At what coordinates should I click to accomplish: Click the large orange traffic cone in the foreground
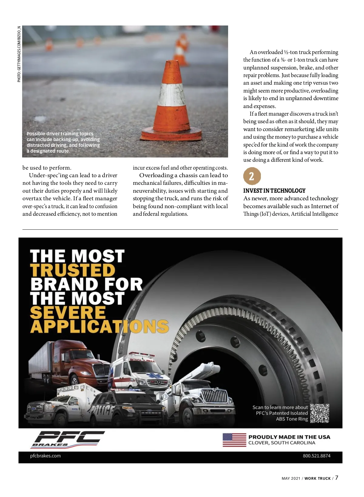pyautogui.click(x=171, y=103)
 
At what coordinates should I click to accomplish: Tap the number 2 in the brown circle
pyautogui.click(x=252, y=176)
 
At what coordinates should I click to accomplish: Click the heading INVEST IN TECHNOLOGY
pyautogui.click(x=274, y=191)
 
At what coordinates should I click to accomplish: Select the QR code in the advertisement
pyautogui.click(x=320, y=413)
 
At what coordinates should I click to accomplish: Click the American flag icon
pyautogui.click(x=234, y=440)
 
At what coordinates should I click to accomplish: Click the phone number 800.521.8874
pyautogui.click(x=316, y=456)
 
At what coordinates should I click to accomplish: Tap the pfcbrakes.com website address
pyautogui.click(x=45, y=456)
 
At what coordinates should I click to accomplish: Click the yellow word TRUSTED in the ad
pyautogui.click(x=73, y=270)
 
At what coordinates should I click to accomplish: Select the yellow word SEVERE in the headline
pyautogui.click(x=68, y=313)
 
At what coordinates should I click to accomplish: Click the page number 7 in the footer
pyautogui.click(x=337, y=478)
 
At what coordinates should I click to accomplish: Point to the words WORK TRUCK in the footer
pyautogui.click(x=318, y=478)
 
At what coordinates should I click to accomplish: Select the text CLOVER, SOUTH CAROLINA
pyautogui.click(x=281, y=443)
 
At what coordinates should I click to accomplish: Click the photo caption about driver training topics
pyautogui.click(x=63, y=142)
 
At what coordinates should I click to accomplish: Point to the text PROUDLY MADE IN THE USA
pyautogui.click(x=289, y=437)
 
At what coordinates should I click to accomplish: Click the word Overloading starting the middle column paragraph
pyautogui.click(x=156, y=175)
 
